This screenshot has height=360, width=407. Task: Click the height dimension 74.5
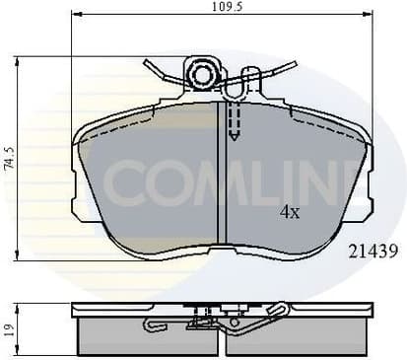point(9,160)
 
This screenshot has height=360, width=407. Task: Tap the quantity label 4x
point(289,211)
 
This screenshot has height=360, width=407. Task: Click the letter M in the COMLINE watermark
point(222,182)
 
